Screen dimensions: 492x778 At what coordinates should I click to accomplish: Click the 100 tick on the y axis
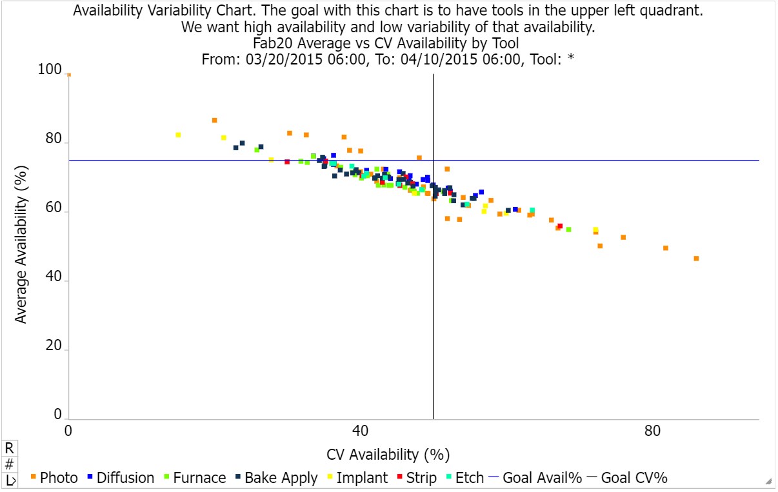(51, 70)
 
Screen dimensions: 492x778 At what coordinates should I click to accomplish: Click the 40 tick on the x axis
(360, 431)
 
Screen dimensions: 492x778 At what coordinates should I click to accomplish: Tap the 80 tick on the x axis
(653, 431)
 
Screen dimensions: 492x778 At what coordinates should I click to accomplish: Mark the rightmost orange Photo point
(696, 259)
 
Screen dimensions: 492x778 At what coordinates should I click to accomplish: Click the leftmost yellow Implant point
(178, 135)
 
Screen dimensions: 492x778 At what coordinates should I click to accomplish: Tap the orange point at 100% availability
(69, 75)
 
